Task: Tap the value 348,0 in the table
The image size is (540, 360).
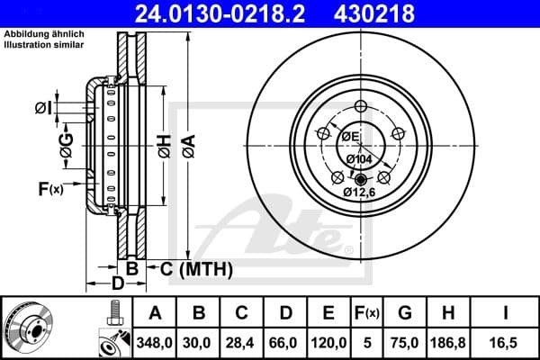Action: point(156,341)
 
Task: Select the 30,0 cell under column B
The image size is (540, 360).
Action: point(200,341)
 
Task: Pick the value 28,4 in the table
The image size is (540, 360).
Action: point(242,341)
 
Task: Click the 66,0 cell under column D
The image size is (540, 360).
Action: point(285,341)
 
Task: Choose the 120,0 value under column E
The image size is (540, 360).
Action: point(328,341)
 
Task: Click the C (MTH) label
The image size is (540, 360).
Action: point(197,268)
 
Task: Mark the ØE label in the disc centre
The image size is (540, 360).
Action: point(349,137)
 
